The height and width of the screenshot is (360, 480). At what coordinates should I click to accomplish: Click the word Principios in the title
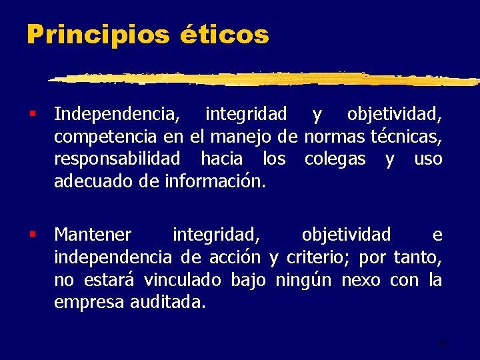tap(97, 34)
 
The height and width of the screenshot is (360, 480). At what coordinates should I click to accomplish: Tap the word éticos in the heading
tap(224, 34)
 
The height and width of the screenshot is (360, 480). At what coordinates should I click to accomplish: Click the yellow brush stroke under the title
tap(267, 79)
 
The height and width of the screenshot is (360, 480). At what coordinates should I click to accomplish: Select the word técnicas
tap(405, 137)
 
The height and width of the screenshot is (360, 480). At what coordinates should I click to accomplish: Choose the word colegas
tap(335, 159)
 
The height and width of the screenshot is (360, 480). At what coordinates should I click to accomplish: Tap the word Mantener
tap(93, 235)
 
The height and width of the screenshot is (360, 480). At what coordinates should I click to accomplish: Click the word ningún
tap(300, 279)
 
